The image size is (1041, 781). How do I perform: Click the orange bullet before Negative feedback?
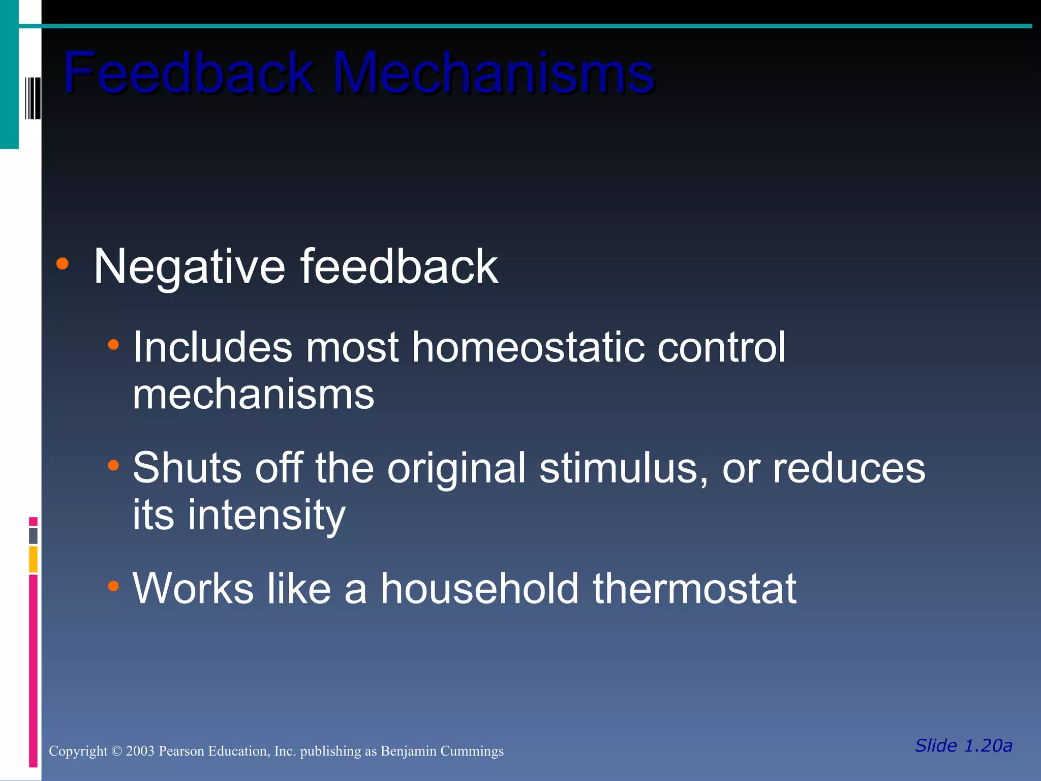click(63, 263)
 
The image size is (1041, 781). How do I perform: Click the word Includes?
click(212, 348)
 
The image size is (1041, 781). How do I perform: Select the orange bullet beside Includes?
click(113, 345)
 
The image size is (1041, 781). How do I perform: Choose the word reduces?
click(849, 468)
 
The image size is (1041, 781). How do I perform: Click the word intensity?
click(266, 515)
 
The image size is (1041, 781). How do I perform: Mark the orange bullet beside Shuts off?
click(113, 465)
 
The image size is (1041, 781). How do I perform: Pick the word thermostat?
click(694, 589)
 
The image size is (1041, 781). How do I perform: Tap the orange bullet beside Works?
click(113, 586)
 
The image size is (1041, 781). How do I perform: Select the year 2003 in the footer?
click(140, 751)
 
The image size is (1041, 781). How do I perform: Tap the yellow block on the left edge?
click(33, 559)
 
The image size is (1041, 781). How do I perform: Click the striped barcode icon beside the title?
click(33, 98)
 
